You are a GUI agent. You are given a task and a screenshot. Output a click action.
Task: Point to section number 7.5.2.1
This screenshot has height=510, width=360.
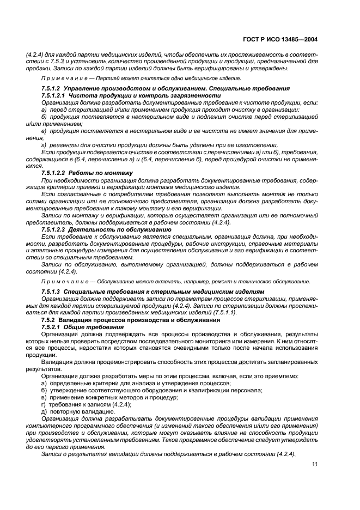pos(54,326)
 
